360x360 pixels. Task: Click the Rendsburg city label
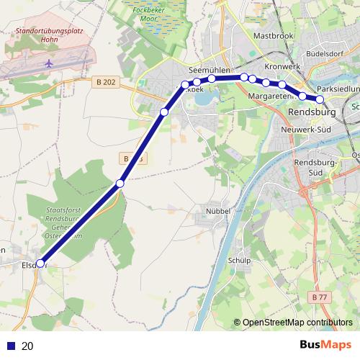(312, 114)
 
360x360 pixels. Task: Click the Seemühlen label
(208, 70)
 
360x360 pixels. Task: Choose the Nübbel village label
(217, 211)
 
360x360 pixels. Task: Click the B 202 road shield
(104, 83)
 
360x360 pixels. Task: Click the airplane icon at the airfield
(50, 63)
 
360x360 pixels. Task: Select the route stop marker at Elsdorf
(40, 264)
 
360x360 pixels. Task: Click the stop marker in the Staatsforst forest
(120, 184)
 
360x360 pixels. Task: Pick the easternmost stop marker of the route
(320, 100)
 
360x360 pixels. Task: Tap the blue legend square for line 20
(11, 346)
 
